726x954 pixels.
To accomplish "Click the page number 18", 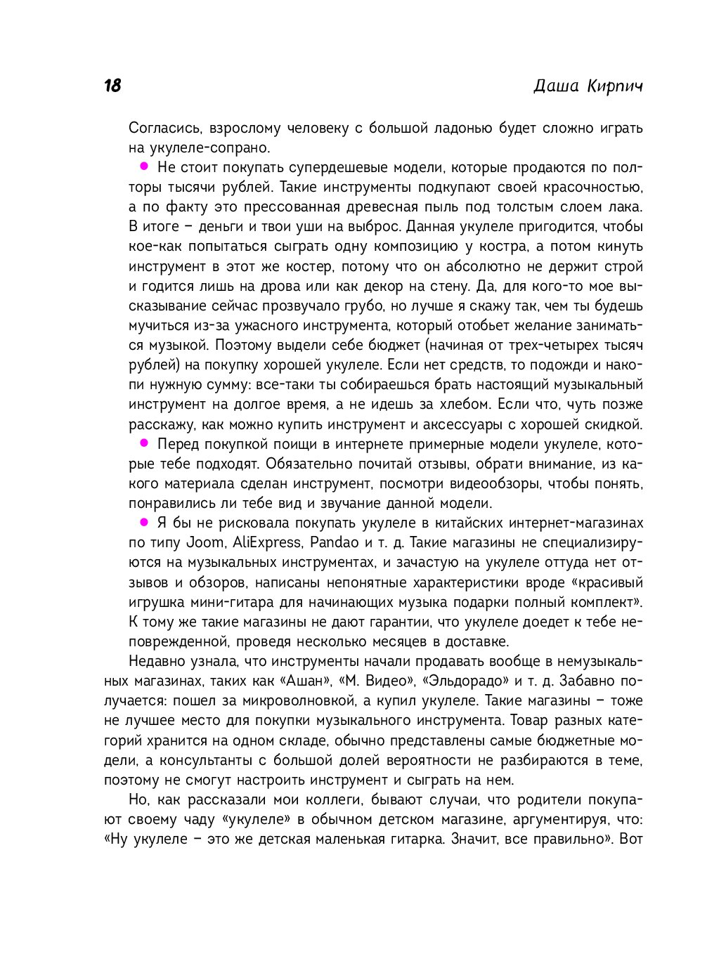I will click(112, 86).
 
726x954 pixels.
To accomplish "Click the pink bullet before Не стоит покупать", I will click(144, 166).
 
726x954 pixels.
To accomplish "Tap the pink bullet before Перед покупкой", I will click(144, 443).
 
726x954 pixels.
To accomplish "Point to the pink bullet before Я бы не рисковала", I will click(144, 522).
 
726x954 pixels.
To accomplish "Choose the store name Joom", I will click(205, 543).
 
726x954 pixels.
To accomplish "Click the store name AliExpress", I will click(266, 543).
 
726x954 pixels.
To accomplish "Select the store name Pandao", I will click(335, 543).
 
